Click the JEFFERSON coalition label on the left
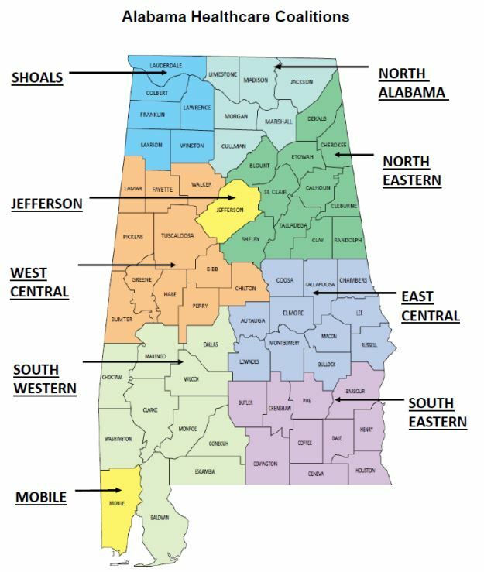click(46, 204)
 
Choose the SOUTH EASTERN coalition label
click(437, 413)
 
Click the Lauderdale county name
click(165, 66)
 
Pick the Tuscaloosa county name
click(177, 237)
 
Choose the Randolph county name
click(348, 240)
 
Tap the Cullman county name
click(233, 146)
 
